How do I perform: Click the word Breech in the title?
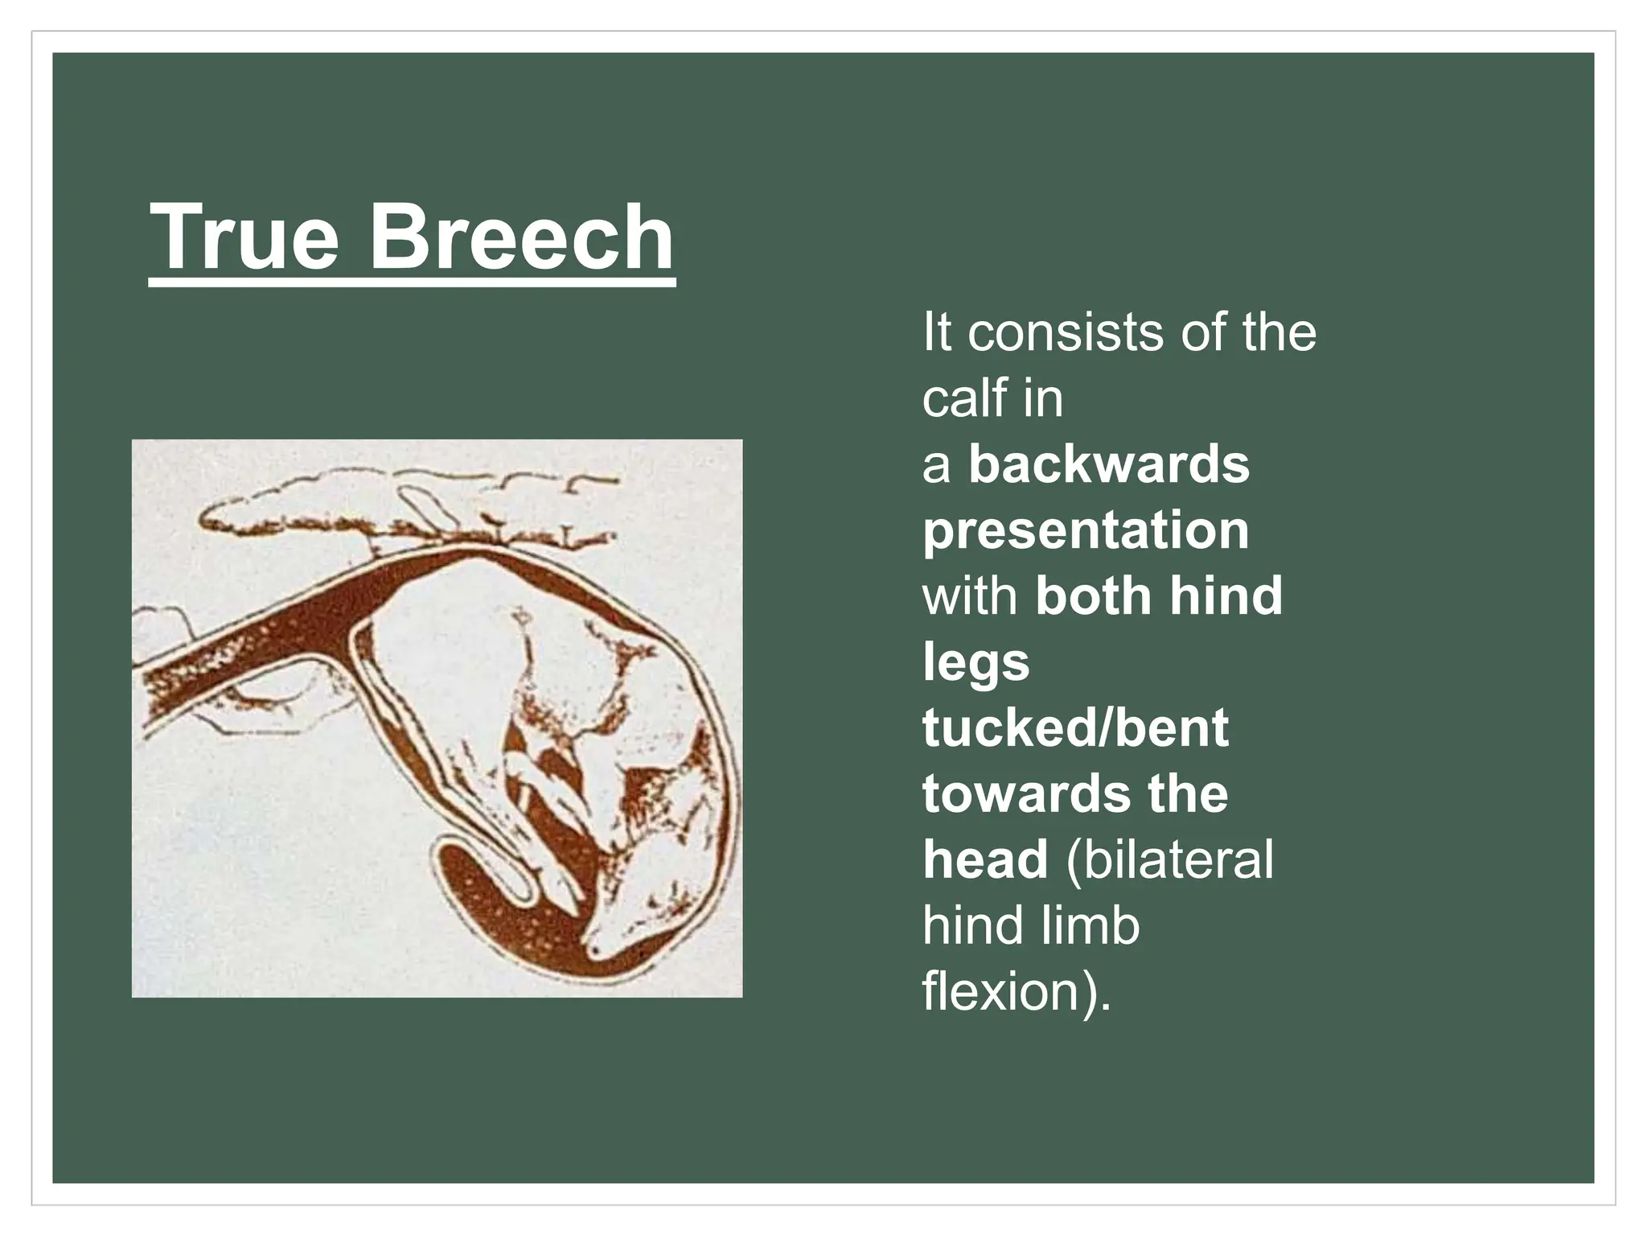point(522,237)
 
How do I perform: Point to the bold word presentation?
point(1086,530)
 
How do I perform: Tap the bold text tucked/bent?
point(1075,728)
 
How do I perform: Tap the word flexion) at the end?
point(1017,992)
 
